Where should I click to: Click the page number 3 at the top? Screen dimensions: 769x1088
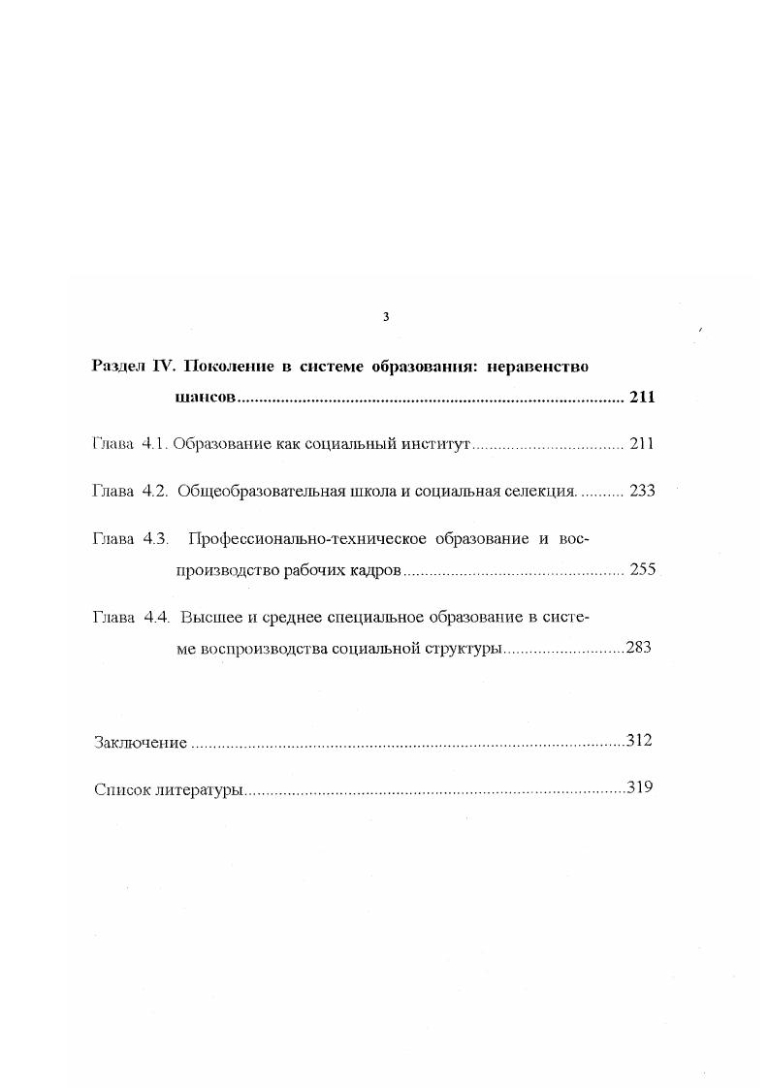[386, 317]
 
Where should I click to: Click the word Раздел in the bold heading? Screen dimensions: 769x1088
[119, 367]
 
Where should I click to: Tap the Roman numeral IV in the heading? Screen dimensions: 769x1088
[163, 367]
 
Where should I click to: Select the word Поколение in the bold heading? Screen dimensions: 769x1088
[230, 367]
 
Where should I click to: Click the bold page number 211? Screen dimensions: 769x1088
[642, 397]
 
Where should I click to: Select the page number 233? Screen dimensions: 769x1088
[642, 491]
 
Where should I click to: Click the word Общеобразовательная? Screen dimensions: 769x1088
[260, 491]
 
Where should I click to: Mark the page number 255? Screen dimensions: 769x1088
[642, 569]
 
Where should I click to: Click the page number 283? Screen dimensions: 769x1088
[639, 648]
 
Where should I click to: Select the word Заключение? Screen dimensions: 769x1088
[141, 743]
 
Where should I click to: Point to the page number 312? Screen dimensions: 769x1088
[639, 741]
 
